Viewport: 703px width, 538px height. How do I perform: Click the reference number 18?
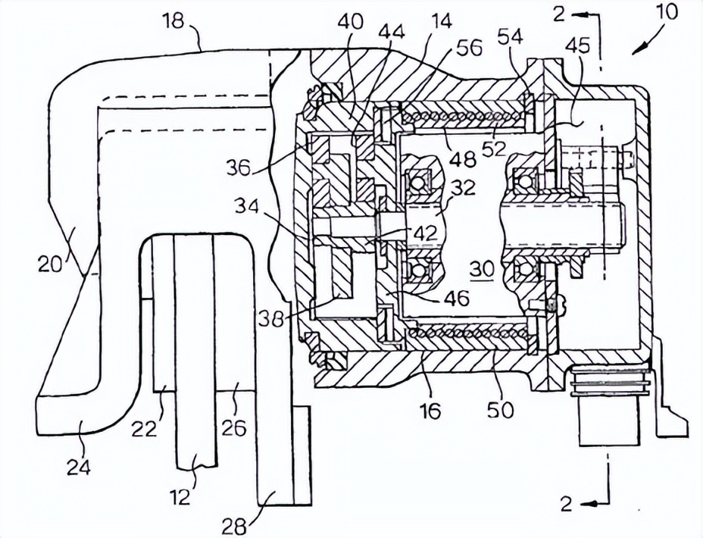pos(173,20)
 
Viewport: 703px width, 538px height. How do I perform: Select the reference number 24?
pos(79,468)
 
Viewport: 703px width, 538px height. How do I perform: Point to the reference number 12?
pos(181,497)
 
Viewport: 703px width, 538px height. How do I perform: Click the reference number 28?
pos(233,527)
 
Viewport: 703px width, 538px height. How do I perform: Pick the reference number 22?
pos(145,430)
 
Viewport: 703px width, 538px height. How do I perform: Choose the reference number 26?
pos(235,429)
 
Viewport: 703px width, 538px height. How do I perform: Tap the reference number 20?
pos(50,265)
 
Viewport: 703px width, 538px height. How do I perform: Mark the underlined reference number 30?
pos(482,270)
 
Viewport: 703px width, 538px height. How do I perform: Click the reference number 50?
pos(501,409)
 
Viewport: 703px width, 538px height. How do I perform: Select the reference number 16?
pos(431,409)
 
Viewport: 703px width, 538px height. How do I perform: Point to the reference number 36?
pos(239,168)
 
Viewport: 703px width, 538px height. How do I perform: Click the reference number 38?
pos(272,319)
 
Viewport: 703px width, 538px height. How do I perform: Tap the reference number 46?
pos(457,297)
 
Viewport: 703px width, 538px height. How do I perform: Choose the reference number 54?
pos(511,37)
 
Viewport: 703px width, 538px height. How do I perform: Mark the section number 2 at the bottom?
pos(566,504)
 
